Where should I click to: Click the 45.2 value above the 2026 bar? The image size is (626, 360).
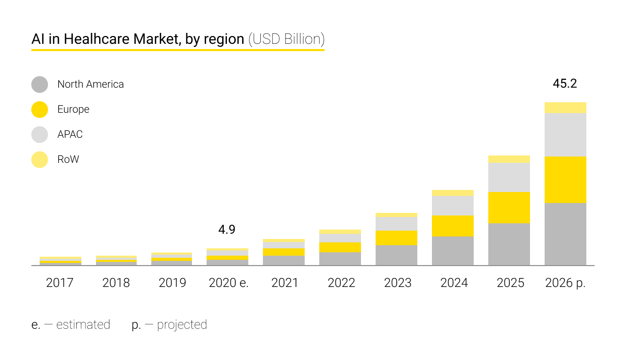click(564, 83)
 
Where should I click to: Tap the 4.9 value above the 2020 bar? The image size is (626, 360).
click(227, 230)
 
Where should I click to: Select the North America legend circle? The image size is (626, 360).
click(40, 84)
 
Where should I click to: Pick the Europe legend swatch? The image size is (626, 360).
click(40, 109)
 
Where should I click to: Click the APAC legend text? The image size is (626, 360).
click(70, 134)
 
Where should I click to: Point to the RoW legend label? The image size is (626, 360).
click(68, 159)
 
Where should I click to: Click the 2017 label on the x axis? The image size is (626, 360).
click(60, 283)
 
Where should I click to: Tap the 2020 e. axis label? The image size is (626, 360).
click(228, 283)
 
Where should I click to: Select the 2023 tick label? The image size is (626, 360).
click(398, 283)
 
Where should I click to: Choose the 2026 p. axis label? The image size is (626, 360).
click(565, 283)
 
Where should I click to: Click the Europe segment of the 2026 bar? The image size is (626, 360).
click(565, 179)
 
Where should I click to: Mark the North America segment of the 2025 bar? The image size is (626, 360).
click(509, 244)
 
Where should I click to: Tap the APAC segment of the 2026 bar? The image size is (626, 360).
click(565, 135)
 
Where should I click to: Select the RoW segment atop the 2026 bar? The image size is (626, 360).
click(565, 107)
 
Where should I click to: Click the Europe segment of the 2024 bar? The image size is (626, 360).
click(453, 226)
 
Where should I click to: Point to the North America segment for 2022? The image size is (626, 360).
click(340, 259)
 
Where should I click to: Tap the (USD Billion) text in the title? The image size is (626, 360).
click(286, 39)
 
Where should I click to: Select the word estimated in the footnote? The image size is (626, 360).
click(83, 325)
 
